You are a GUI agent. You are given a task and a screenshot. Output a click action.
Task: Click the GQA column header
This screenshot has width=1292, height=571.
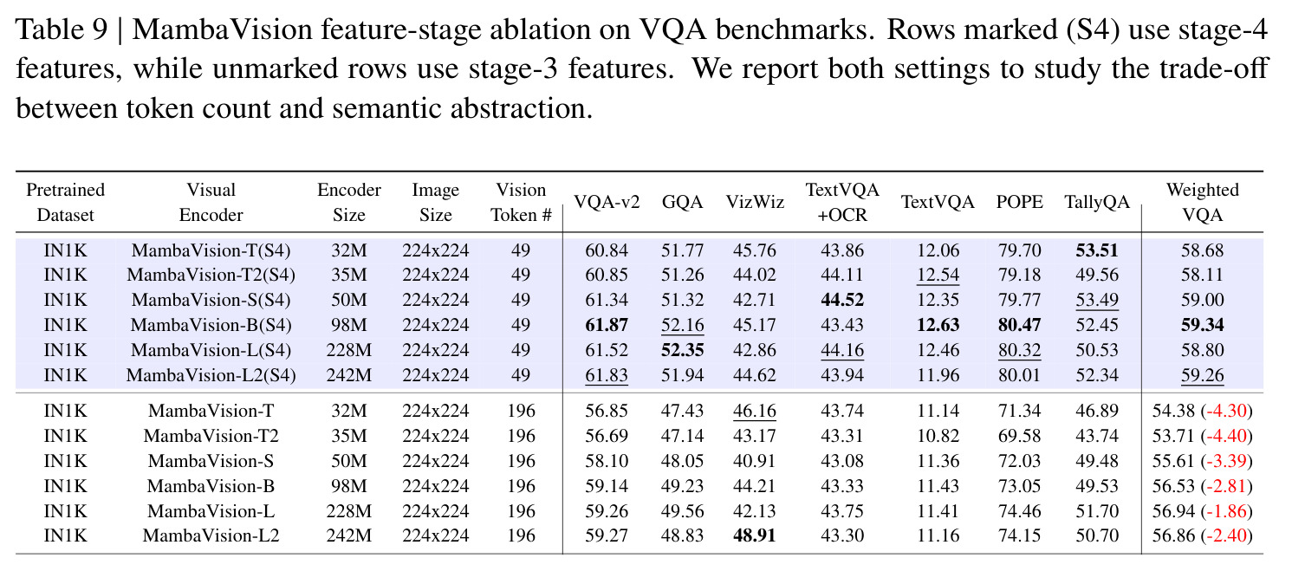point(682,202)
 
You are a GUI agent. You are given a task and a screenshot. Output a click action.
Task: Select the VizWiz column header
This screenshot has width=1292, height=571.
point(755,202)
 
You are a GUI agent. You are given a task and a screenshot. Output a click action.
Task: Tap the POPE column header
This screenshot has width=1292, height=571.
point(1019,202)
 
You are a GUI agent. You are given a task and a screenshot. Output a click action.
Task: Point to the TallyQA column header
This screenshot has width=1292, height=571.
point(1096,202)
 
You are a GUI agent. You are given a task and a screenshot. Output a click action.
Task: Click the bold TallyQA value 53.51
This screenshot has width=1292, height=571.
point(1096,250)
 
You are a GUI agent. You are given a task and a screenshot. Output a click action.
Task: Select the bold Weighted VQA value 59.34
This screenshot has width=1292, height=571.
point(1202,325)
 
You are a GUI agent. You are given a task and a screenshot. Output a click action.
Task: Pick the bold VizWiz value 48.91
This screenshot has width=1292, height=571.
point(755,535)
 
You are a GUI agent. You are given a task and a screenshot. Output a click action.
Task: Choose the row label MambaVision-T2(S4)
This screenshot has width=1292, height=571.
point(211,275)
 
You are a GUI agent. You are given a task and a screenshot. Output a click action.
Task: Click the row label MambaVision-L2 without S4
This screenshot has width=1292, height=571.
point(211,535)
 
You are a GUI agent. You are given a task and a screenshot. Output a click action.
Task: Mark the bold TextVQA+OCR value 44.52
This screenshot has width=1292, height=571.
point(842,300)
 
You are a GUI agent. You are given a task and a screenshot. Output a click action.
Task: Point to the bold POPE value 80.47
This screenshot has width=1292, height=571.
point(1019,325)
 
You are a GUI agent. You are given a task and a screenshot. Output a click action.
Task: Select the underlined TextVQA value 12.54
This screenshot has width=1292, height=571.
point(938,275)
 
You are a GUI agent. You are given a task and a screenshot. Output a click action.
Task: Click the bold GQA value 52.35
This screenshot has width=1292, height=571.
point(682,350)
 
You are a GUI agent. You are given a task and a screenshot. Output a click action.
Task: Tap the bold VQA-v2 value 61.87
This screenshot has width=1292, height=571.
point(607,325)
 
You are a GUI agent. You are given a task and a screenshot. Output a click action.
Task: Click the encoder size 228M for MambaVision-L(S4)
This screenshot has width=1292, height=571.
point(349,350)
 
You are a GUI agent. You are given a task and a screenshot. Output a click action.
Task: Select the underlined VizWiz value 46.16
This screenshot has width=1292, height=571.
point(755,411)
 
